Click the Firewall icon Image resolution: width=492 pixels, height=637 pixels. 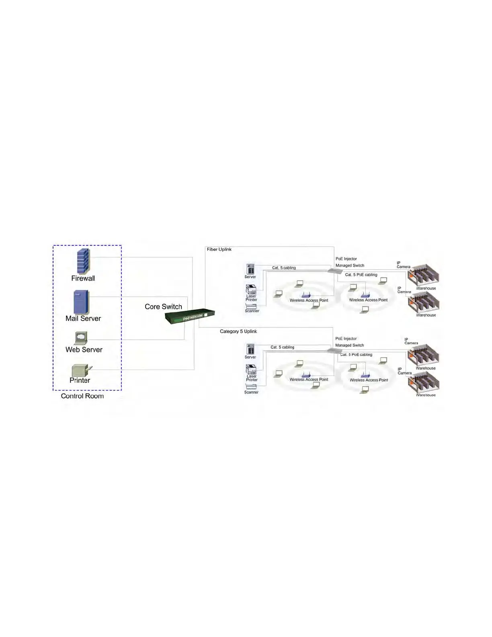coord(83,261)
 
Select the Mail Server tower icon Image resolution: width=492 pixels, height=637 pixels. coord(81,302)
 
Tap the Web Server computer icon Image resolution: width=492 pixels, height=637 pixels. coord(81,337)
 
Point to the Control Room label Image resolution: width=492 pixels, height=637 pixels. coord(82,396)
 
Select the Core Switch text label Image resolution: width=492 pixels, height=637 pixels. coord(163,307)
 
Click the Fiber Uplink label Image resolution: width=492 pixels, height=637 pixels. coord(219,249)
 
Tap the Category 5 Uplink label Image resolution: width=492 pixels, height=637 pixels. coord(238,331)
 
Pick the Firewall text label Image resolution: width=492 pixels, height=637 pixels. coord(83,278)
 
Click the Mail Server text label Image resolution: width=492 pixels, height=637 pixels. coord(83,318)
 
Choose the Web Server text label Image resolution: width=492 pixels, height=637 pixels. coord(84,350)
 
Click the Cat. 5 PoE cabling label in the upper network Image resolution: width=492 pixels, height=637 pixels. coord(361,275)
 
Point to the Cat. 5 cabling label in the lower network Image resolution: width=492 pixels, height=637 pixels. coord(282,347)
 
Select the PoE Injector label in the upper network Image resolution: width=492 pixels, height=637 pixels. coord(346,259)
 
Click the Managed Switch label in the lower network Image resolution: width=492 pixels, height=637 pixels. coord(349,345)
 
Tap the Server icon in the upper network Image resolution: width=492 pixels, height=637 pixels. coord(250,269)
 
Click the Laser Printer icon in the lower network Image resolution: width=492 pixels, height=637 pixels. coord(251,369)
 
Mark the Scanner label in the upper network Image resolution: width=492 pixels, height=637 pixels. coord(252,311)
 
